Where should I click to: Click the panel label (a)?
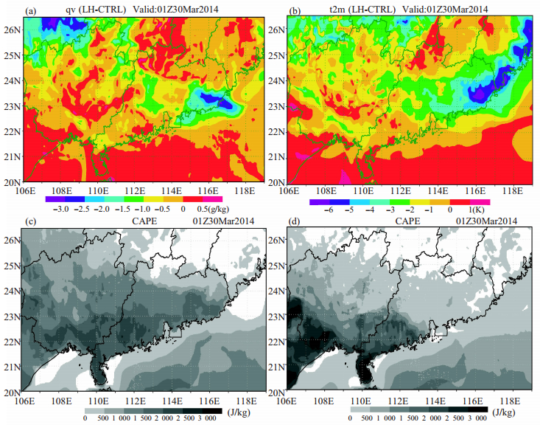tap(30, 11)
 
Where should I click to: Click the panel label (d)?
tap(295, 221)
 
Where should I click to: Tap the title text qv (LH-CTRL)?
tap(96, 10)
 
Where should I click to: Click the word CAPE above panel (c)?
tap(144, 221)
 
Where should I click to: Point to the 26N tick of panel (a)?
tap(13, 30)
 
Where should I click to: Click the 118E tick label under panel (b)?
tap(513, 190)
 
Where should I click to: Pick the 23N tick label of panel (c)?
tap(13, 317)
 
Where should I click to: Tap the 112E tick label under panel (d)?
tap(399, 401)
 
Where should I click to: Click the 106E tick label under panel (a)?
tap(26, 190)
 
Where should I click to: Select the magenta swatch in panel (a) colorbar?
tap(212, 199)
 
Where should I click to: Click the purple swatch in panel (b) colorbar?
tap(320, 202)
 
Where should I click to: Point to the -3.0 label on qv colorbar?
tap(61, 209)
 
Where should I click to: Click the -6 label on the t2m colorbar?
tap(329, 210)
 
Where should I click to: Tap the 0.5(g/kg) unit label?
tap(213, 209)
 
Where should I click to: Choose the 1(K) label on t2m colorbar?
tap(477, 210)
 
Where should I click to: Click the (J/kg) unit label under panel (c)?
tap(239, 412)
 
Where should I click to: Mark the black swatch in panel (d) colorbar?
tap(478, 410)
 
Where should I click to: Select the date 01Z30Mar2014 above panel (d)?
tap(487, 221)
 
